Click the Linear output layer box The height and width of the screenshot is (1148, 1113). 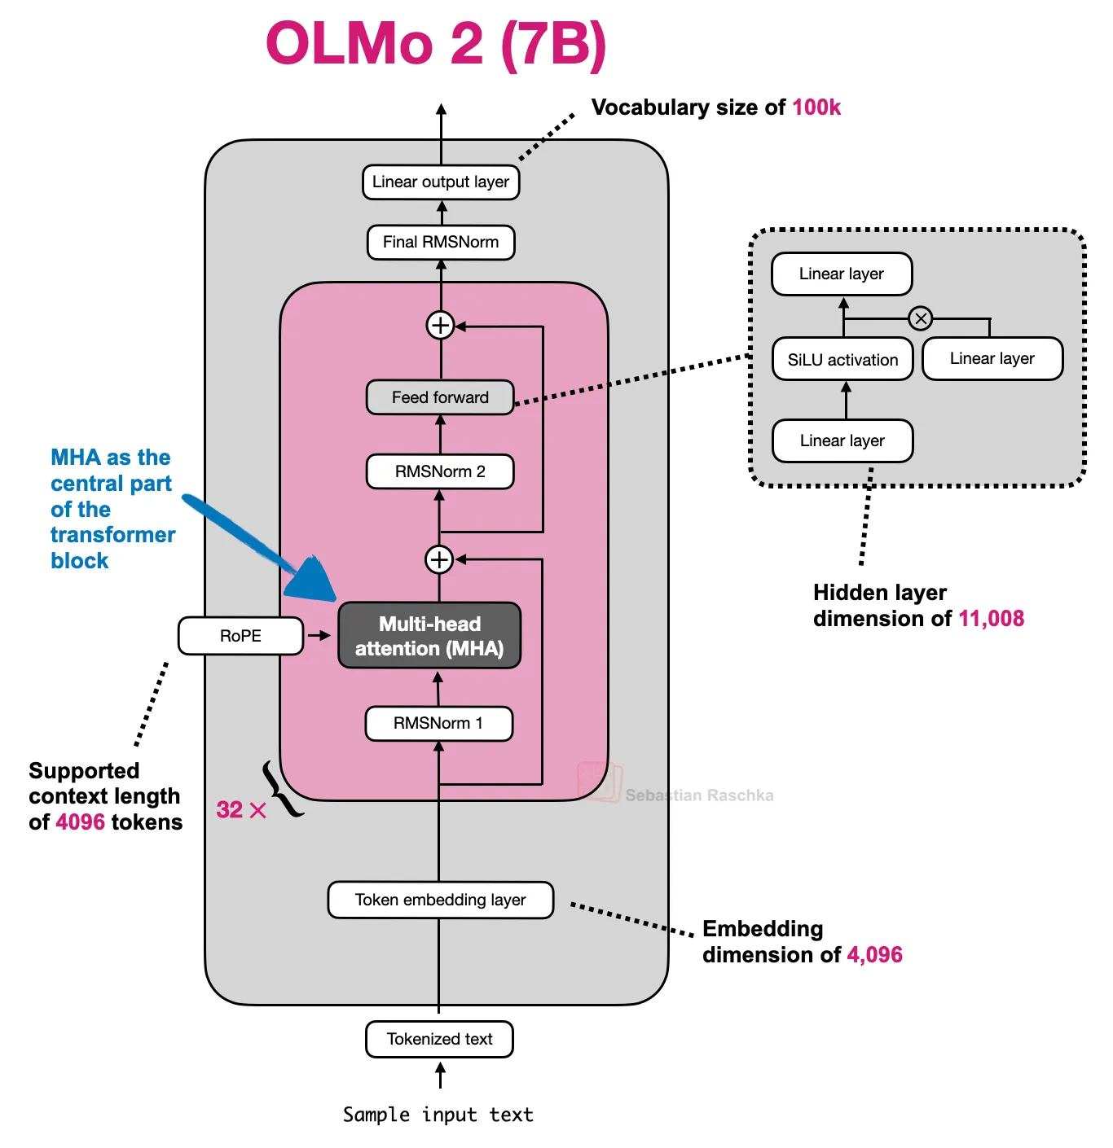(x=440, y=182)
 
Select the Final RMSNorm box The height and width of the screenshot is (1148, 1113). (x=440, y=242)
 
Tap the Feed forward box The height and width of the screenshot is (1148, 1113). (x=440, y=397)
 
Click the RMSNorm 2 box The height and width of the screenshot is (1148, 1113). (x=440, y=471)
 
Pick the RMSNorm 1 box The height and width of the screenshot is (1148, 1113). (x=438, y=723)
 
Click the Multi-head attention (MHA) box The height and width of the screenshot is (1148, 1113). (x=429, y=636)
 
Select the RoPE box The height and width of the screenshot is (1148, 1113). (x=240, y=636)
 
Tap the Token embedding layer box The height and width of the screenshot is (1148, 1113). (x=440, y=900)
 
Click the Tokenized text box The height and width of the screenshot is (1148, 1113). (x=439, y=1039)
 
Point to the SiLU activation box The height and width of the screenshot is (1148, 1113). (x=842, y=360)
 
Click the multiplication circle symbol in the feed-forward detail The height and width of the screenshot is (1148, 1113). (x=921, y=318)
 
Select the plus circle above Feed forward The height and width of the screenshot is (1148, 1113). (x=440, y=325)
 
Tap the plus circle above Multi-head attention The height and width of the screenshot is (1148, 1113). (x=439, y=559)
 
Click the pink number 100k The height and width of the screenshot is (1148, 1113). (x=816, y=107)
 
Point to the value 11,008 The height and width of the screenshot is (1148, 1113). (x=991, y=619)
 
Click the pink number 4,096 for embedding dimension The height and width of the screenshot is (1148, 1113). (x=874, y=954)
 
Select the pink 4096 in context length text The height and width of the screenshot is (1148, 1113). (x=80, y=822)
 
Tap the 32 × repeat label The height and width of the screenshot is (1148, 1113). (x=241, y=809)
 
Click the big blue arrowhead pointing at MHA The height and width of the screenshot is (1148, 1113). (x=313, y=579)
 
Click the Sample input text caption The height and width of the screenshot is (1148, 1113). (x=438, y=1115)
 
